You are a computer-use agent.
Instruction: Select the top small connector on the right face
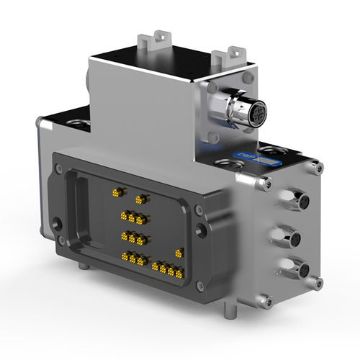pos(295,200)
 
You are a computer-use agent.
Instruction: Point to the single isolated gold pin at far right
pos(179,252)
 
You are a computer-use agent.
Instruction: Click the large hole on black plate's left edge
pos(58,222)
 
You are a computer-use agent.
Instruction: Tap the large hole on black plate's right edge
pos(203,230)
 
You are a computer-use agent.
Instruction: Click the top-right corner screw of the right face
pos(317,169)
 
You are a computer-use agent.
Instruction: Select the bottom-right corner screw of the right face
pos(317,283)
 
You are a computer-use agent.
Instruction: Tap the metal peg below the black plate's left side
pos(84,266)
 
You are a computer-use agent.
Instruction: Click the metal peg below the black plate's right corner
pos(229,310)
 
